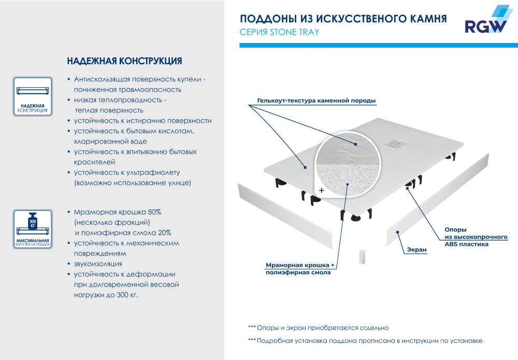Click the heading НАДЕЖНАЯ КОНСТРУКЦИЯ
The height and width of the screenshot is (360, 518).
[124, 61]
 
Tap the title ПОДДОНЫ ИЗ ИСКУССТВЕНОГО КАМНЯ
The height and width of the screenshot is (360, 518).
[343, 19]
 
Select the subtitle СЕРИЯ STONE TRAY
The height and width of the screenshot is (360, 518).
[279, 32]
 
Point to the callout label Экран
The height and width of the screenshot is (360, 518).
[416, 250]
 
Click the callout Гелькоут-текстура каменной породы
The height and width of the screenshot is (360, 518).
[316, 100]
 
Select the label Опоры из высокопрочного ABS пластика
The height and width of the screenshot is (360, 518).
[476, 237]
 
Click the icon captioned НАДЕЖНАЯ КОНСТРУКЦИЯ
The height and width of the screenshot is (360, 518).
[33, 95]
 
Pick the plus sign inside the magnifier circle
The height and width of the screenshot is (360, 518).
[322, 191]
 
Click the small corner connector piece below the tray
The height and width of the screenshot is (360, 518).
[362, 257]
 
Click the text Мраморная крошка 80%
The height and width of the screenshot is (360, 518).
[118, 212]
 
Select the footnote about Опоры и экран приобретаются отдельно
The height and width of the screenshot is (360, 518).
[318, 328]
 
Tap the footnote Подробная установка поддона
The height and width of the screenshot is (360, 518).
[365, 341]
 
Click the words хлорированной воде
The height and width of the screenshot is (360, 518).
[110, 141]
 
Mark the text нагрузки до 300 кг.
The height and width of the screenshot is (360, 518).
[106, 295]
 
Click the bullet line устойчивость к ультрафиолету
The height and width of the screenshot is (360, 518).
[127, 172]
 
